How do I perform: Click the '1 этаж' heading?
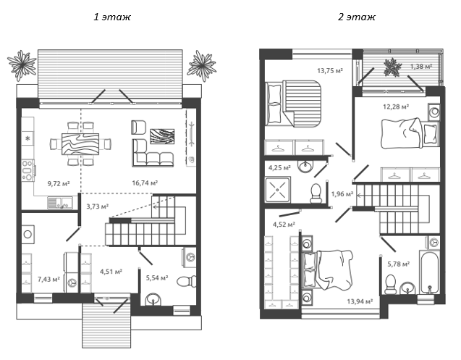(x=112, y=17)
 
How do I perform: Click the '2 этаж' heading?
(x=357, y=17)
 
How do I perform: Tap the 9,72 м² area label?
(x=59, y=184)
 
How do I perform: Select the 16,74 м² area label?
(x=145, y=183)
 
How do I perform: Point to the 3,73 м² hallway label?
(x=97, y=206)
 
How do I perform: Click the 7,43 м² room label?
(x=48, y=279)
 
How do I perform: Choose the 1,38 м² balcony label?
(x=421, y=67)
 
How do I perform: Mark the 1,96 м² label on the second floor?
(x=342, y=194)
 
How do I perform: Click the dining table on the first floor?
(x=80, y=144)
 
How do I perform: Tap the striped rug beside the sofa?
(x=162, y=137)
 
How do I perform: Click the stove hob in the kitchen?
(x=28, y=170)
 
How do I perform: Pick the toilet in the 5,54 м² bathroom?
(x=187, y=281)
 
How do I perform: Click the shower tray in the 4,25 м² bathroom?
(x=278, y=189)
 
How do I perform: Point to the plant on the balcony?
(x=392, y=67)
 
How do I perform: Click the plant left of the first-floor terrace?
(x=22, y=65)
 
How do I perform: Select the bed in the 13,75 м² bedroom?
(x=293, y=104)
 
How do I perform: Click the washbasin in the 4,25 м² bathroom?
(x=305, y=166)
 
